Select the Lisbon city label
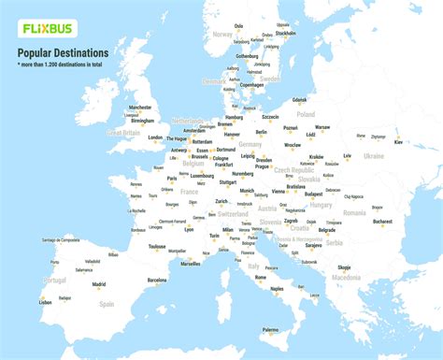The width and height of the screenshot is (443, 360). tap(45, 302)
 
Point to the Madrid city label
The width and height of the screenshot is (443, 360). tap(99, 283)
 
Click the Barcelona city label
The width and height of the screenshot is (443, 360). tap(157, 280)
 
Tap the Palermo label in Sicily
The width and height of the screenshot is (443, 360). tap(270, 329)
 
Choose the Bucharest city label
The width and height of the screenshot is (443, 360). tap(382, 222)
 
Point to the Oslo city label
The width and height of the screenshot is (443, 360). tap(238, 26)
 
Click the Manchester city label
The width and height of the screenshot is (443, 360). tap(141, 108)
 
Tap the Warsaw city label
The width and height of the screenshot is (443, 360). tap(322, 126)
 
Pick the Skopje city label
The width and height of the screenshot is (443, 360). tap(344, 266)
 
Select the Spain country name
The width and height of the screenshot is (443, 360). tap(107, 304)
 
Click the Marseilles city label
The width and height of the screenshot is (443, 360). tap(191, 264)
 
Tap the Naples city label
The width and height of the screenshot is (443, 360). tap(277, 289)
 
